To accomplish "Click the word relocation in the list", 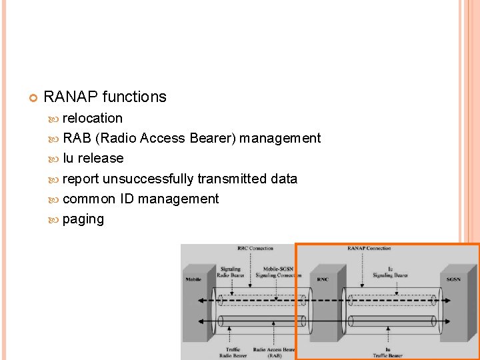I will pyautogui.click(x=92, y=118).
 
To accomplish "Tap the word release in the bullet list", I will pyautogui.click(x=101, y=158).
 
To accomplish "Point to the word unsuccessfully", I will pyautogui.click(x=147, y=179).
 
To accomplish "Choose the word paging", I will pyautogui.click(x=83, y=219).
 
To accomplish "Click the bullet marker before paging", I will pyautogui.click(x=54, y=219).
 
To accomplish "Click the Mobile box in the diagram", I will pyautogui.click(x=193, y=279).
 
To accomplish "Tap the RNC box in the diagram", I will pyautogui.click(x=322, y=279).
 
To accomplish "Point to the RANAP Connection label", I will pyautogui.click(x=369, y=249).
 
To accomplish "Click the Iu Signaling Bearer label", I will pyautogui.click(x=390, y=272).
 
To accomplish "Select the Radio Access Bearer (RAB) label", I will pyautogui.click(x=275, y=352).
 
